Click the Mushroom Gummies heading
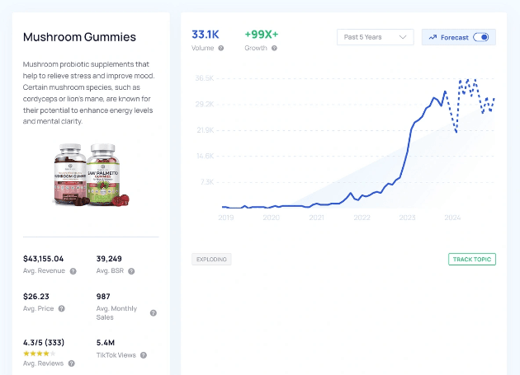(79, 37)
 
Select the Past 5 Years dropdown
(376, 37)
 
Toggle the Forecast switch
(480, 37)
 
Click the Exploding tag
(211, 260)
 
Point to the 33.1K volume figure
(206, 34)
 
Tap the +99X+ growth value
(262, 34)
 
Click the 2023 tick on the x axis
(407, 218)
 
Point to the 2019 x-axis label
(226, 218)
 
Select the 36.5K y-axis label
(205, 78)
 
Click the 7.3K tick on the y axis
(206, 181)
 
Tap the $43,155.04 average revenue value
(54, 258)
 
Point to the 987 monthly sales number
(103, 297)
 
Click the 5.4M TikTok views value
(105, 342)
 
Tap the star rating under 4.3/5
(40, 353)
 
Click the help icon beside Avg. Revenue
(73, 271)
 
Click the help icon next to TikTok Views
(144, 355)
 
